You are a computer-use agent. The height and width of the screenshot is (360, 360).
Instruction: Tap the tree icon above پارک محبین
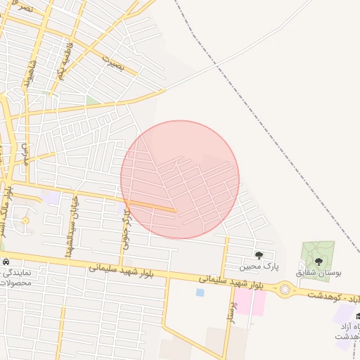pos(259,256)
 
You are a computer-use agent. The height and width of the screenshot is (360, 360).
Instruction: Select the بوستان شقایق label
pos(318,271)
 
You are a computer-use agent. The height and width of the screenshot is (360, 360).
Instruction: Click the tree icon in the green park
pos(319,261)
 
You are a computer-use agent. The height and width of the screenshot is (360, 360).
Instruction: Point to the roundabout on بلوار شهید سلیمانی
pos(285,288)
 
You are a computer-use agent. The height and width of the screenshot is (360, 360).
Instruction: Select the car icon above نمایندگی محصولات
pos(6,262)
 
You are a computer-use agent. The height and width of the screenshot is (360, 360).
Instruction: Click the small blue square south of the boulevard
pos(200,292)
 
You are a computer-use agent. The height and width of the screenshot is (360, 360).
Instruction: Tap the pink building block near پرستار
pos(259,303)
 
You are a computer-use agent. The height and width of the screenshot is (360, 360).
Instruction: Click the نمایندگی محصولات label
pos(15,277)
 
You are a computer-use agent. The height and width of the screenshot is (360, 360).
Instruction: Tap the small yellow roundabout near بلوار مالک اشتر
pos(26,221)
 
